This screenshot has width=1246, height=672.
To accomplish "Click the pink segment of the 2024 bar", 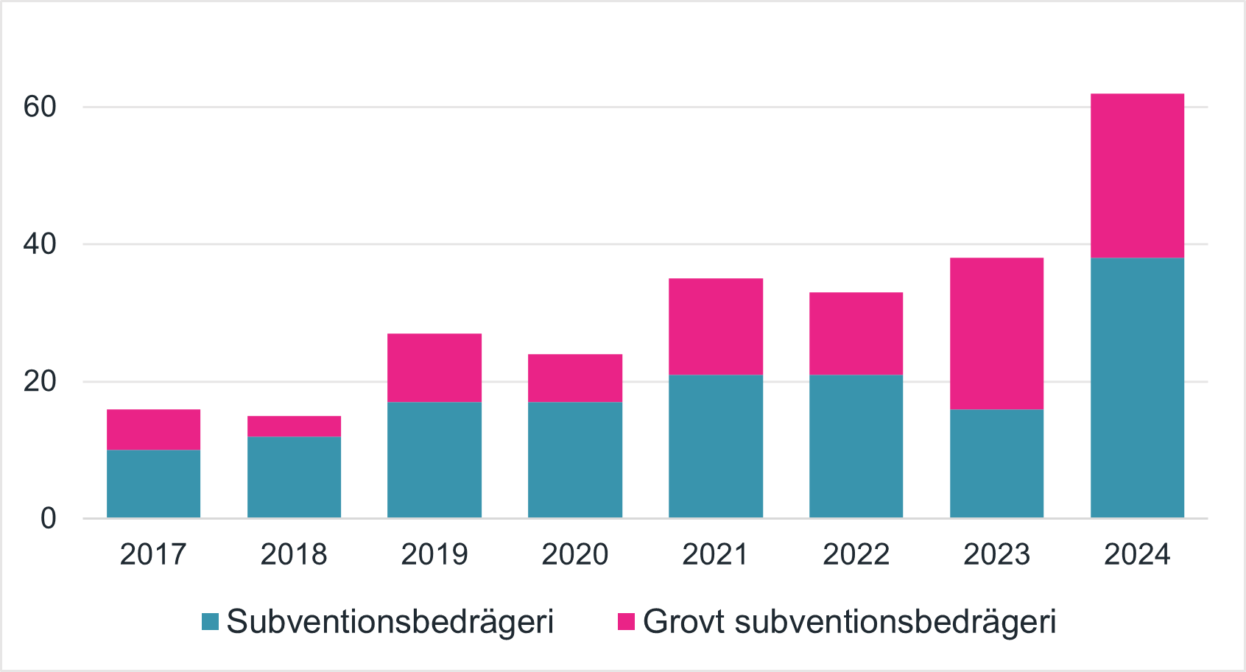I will [x=1137, y=175].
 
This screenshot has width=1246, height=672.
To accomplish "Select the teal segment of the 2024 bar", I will [x=1137, y=388].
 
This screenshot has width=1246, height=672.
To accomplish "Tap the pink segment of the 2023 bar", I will [x=996, y=333].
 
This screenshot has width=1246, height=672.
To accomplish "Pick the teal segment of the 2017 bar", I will [x=153, y=484].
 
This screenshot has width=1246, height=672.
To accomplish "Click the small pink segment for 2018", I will [x=294, y=426].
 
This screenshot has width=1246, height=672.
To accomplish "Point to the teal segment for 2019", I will [x=434, y=460].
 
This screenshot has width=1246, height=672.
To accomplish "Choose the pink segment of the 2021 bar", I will [x=716, y=327].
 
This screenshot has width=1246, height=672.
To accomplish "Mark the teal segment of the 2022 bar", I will [x=856, y=446].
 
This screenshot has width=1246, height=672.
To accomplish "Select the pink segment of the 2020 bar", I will [x=575, y=378].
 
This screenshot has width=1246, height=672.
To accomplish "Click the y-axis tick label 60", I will [x=40, y=107].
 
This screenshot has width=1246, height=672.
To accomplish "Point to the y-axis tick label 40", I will [x=40, y=244].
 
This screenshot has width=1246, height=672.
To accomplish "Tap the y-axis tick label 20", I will [x=40, y=381].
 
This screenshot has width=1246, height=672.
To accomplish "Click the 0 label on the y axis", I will [x=48, y=518].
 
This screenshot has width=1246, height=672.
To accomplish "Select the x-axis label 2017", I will [x=153, y=554].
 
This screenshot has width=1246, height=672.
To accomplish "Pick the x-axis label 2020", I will [x=575, y=554].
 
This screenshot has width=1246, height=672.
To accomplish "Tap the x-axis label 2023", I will [x=996, y=554].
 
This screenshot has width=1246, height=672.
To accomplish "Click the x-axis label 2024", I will [x=1137, y=554].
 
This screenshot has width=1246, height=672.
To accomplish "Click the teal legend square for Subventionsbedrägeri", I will [x=211, y=622].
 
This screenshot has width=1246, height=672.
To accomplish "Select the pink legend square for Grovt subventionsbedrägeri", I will [x=626, y=622].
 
